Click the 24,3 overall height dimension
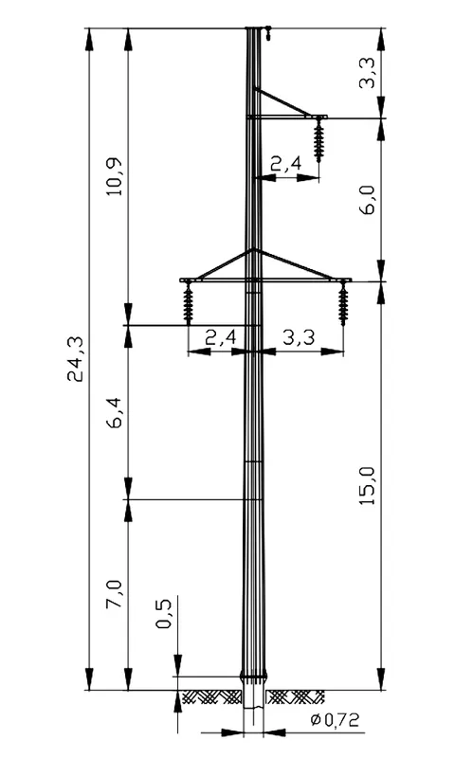[x=76, y=359]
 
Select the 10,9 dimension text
[x=115, y=176]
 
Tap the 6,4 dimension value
[x=115, y=415]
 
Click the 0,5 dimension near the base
[x=164, y=614]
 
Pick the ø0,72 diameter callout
[x=336, y=721]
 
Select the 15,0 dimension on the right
[x=368, y=486]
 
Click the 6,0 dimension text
[x=368, y=200]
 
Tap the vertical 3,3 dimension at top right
[x=368, y=73]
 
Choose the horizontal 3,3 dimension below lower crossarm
[x=299, y=337]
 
